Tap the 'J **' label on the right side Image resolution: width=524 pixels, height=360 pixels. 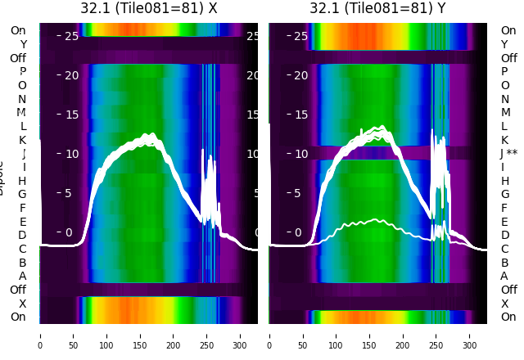[508, 154]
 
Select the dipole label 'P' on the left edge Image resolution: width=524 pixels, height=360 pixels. [23, 72]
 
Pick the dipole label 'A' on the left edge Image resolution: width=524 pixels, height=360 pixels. [23, 276]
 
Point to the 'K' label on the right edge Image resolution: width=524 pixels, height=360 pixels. [504, 140]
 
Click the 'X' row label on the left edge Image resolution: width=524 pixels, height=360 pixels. [23, 304]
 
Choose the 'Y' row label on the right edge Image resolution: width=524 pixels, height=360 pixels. [504, 44]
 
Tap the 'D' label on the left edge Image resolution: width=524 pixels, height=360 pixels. [23, 236]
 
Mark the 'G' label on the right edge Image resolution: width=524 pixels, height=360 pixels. [504, 195]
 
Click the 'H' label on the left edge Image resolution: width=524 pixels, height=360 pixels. [23, 181]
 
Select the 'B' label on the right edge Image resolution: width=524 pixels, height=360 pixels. [504, 263]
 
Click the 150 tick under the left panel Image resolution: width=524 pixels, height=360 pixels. [140, 335]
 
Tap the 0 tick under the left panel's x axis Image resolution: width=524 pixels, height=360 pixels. [40, 335]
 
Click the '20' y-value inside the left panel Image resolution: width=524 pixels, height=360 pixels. [72, 75]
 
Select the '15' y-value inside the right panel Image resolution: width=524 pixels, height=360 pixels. [301, 115]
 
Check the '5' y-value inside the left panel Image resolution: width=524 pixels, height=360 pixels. [69, 193]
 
